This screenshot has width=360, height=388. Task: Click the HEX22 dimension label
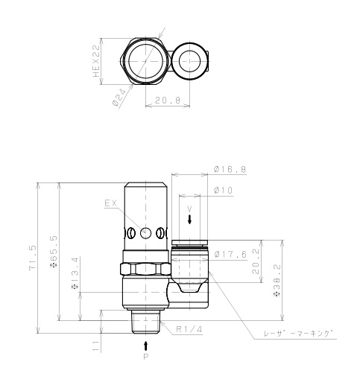pos(96,61)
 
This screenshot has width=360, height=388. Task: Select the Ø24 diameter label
pos(119,99)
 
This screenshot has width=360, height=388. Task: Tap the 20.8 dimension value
pos(168,101)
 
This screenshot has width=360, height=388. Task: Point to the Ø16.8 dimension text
pos(230,169)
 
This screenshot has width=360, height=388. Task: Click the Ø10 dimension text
pos(224,191)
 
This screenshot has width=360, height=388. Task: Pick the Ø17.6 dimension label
pos(230,254)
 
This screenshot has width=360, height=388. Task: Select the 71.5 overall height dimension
pos(33,258)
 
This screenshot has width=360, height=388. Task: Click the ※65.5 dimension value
pos(54,251)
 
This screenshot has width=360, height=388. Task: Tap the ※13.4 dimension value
pos(75,273)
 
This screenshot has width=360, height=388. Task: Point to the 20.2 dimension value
pos(256,261)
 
